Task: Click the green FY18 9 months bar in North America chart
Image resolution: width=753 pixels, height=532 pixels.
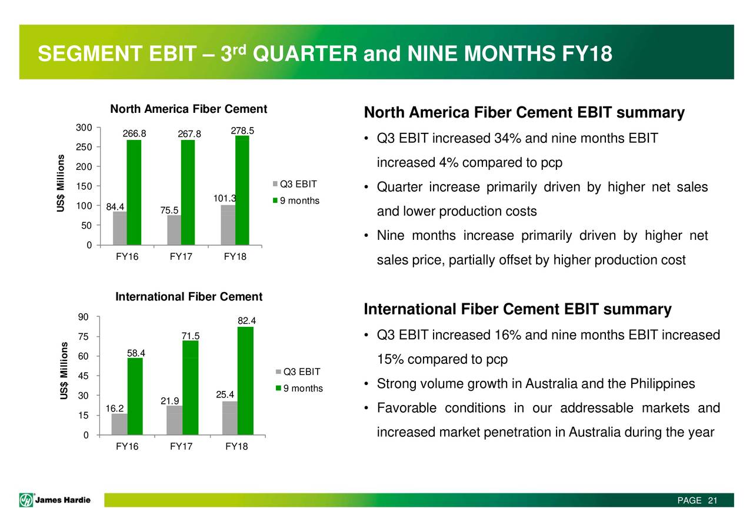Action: coord(242,190)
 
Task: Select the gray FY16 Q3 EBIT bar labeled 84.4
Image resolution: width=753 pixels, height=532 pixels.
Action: coord(119,228)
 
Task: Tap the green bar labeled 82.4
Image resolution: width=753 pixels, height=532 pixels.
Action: coord(245,380)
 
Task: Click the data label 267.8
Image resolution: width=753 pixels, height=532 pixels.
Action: coord(189,134)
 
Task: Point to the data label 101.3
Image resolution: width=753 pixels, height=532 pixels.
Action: coord(225,198)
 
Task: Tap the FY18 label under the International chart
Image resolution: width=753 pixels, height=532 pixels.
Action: coord(236,446)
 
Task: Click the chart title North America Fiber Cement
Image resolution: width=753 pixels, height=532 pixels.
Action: coord(189,109)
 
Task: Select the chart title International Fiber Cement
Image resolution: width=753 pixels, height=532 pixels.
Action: coord(189,297)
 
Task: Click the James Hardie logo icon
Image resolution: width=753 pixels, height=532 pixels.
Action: coord(26,500)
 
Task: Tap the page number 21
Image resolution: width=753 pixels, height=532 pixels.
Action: coord(712,500)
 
